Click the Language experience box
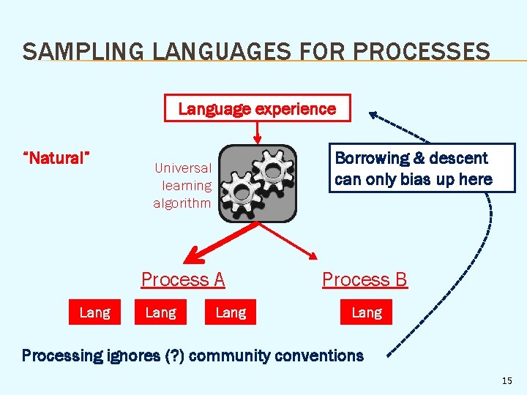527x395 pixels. click(x=257, y=108)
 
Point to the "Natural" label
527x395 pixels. click(x=56, y=157)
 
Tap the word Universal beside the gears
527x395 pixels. click(x=183, y=168)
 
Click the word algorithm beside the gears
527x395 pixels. click(x=182, y=203)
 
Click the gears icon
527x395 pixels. click(x=258, y=183)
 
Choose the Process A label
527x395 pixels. click(x=183, y=279)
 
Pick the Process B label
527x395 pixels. click(x=365, y=279)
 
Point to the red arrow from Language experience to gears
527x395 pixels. click(x=257, y=132)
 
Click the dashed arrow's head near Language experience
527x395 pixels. click(x=375, y=115)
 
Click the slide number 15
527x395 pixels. click(x=507, y=381)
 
